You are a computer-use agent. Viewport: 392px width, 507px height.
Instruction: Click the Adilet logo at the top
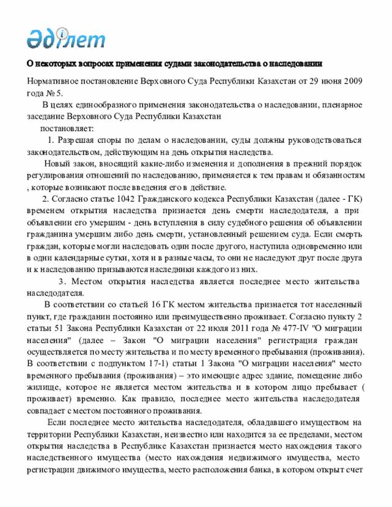(66, 39)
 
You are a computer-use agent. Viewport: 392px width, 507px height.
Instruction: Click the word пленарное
(344, 105)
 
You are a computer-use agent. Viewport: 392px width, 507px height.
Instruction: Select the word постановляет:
(67, 129)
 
